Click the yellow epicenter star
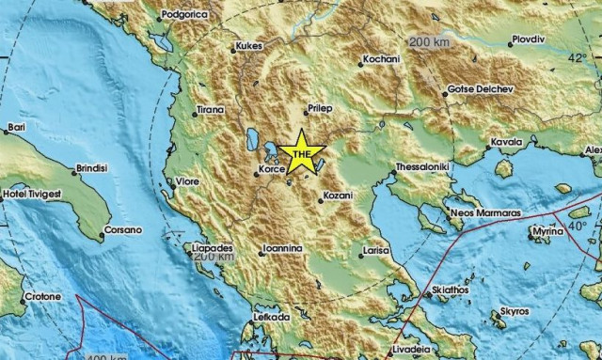pos(301,151)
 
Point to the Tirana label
pos(209,111)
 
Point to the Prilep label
pos(334,109)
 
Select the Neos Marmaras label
pos(486,213)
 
